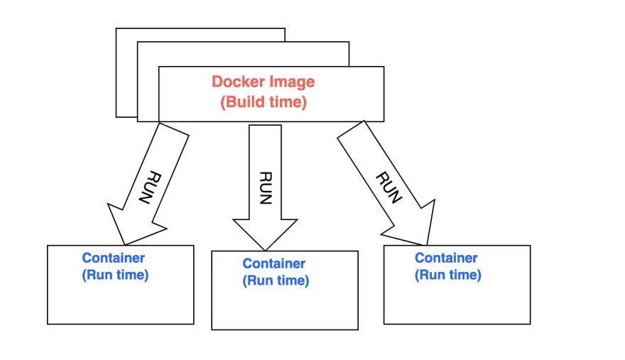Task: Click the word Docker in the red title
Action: tap(235, 82)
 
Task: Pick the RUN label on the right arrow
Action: tap(387, 187)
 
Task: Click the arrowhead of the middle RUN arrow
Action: tap(265, 234)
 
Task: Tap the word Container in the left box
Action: tap(113, 258)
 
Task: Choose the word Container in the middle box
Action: tap(273, 263)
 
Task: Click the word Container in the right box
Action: tap(446, 258)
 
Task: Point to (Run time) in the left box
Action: tap(115, 275)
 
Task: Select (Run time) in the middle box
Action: tap(276, 280)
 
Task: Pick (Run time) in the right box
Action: tap(447, 275)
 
